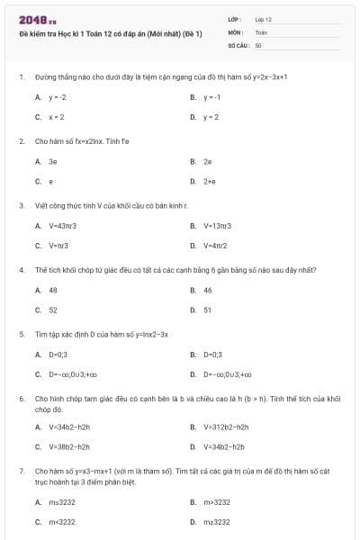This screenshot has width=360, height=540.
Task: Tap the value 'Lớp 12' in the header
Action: coord(263,19)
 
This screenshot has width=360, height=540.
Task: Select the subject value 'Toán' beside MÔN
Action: coord(261,31)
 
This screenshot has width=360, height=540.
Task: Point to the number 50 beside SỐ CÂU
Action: coord(258,44)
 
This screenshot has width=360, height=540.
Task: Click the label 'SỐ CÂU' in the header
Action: coord(237,44)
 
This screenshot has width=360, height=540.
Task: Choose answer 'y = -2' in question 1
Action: coord(58,96)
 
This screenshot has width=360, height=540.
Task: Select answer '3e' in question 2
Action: coord(53,161)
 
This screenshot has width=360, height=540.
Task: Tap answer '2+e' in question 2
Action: coord(209,182)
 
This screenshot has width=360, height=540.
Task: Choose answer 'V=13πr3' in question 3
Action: coord(219,225)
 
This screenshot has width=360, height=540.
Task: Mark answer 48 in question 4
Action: coord(53,290)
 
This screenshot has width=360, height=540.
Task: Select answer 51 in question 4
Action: coord(208,310)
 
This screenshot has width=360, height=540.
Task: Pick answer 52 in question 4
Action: coord(53,310)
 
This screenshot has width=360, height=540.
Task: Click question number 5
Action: coord(22,333)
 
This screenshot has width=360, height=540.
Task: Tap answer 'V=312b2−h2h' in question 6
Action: coord(226,427)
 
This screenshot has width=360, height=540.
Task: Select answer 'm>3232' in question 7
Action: coord(217,501)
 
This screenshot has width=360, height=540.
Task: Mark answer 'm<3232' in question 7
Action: coord(62,522)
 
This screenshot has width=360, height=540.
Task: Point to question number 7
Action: coord(22,470)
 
